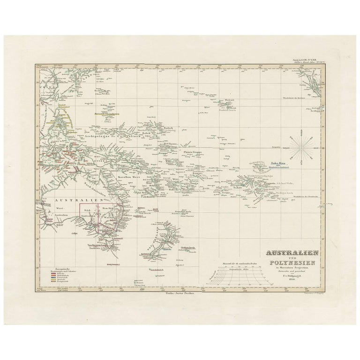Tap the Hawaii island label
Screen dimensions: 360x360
tap(229, 100)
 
